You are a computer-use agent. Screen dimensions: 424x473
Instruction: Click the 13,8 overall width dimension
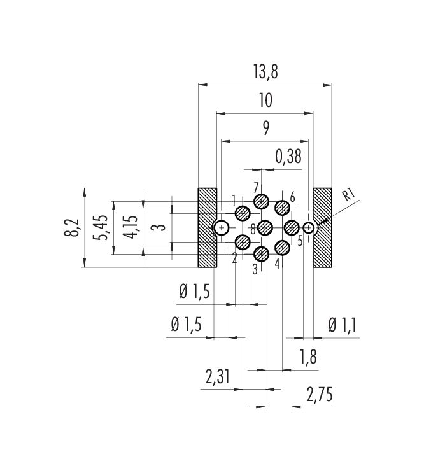(265, 72)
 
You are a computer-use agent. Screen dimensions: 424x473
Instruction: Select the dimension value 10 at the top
(265, 101)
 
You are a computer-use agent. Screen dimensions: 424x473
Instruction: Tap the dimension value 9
(265, 129)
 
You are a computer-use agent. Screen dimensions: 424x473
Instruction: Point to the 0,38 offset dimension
(288, 157)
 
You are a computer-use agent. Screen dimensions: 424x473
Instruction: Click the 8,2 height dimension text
(71, 227)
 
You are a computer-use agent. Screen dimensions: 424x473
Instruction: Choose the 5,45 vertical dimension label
(101, 227)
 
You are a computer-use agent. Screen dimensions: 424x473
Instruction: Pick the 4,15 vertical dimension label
(132, 227)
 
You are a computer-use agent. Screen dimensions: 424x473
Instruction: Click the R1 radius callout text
(349, 195)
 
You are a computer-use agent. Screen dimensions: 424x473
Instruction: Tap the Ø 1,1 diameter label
(343, 325)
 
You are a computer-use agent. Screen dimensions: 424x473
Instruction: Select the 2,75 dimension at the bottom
(320, 395)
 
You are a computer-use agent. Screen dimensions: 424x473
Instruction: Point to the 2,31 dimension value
(218, 377)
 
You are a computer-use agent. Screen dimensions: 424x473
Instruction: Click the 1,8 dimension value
(308, 357)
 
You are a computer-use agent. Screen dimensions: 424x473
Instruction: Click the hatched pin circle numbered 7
(261, 201)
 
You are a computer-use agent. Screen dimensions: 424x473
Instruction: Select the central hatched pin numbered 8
(265, 227)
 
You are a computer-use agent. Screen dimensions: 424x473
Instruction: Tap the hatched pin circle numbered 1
(243, 213)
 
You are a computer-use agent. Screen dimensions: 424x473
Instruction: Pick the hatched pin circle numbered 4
(283, 248)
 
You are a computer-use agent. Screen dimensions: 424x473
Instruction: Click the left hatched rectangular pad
(207, 228)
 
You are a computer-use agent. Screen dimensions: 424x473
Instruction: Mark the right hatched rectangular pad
(322, 228)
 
